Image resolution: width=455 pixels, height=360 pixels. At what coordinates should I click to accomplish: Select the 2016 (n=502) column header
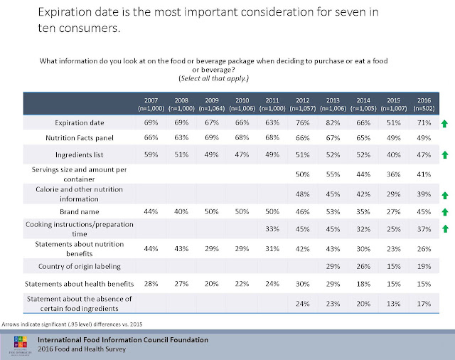tap(425, 105)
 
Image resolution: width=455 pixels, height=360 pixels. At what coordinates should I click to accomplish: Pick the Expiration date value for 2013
tap(331, 124)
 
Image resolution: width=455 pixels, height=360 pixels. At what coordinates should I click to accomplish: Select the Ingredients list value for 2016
tap(425, 154)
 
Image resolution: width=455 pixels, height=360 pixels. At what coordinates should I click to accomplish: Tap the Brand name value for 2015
tap(394, 212)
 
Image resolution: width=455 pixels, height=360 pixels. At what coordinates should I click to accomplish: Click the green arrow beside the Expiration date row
tap(444, 124)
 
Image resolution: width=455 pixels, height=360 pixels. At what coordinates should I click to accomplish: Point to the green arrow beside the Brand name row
tap(444, 212)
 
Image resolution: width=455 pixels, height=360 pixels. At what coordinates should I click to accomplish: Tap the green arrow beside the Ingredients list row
tap(444, 154)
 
